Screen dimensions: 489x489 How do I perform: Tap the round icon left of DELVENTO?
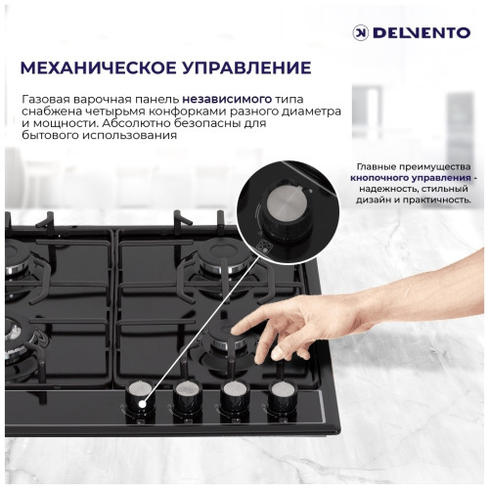pyautogui.click(x=361, y=32)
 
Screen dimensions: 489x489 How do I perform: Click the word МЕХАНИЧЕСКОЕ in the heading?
pyautogui.click(x=107, y=68)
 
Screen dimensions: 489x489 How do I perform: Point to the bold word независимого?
pyautogui.click(x=219, y=99)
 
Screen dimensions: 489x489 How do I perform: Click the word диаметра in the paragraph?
pyautogui.click(x=287, y=111)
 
